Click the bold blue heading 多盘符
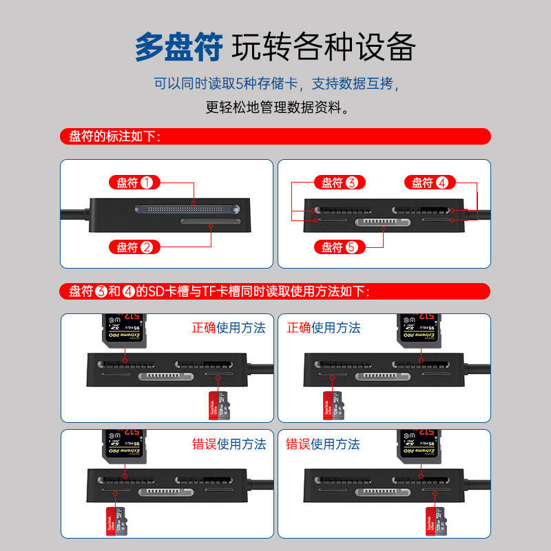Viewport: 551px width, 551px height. pos(178,48)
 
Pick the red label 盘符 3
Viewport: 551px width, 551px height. pos(339,183)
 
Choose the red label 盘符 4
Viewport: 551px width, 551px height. pos(429,183)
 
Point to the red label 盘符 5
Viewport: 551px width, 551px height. pos(339,247)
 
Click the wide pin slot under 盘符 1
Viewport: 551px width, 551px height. pos(188,209)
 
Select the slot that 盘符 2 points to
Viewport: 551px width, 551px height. pos(209,222)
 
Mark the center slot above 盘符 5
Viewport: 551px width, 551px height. pos(383,222)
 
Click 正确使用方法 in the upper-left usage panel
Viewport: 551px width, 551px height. pos(228,328)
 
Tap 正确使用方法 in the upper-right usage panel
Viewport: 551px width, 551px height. pos(323,328)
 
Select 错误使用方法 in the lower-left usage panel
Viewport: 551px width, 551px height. pos(228,444)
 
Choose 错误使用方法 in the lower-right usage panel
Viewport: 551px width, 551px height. pos(323,444)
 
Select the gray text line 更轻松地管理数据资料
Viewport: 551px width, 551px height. pos(275,107)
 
